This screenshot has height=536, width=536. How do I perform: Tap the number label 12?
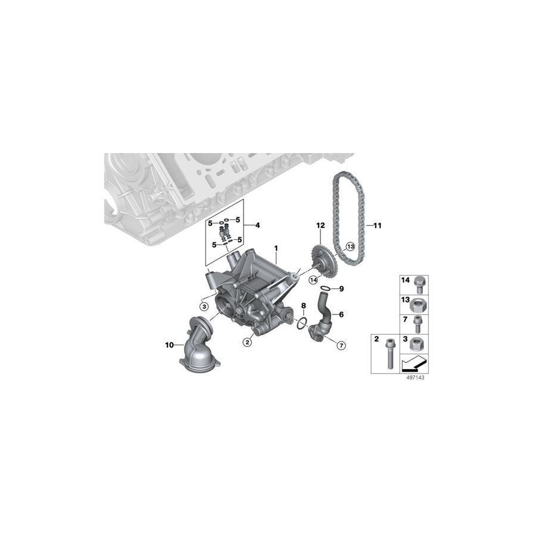[320, 225]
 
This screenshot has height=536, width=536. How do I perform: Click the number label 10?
[170, 344]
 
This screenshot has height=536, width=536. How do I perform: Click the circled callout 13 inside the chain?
[350, 246]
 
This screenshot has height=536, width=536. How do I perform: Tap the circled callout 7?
[341, 345]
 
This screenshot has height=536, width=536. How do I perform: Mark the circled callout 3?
[204, 306]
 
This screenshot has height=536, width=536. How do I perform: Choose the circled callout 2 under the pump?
[245, 342]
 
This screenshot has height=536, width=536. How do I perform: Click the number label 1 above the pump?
[276, 247]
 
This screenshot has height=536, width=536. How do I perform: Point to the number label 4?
[258, 225]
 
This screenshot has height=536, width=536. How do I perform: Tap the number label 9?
[341, 289]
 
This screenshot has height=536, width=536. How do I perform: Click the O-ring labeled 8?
[302, 323]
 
